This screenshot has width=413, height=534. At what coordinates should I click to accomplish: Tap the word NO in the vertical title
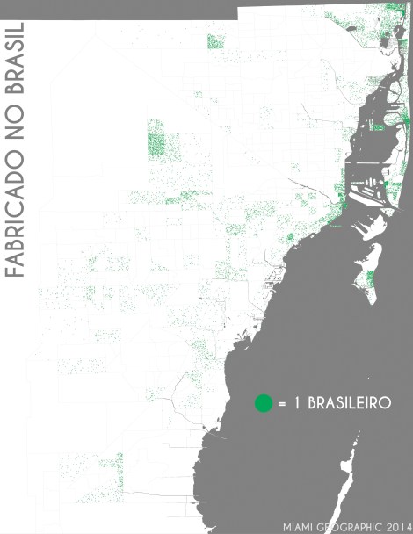coord(17,129)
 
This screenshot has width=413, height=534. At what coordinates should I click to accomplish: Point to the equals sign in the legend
coord(282,405)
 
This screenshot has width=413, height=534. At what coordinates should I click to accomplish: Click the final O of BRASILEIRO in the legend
coord(386,404)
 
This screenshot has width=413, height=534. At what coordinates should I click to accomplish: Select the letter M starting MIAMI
coord(286,526)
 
